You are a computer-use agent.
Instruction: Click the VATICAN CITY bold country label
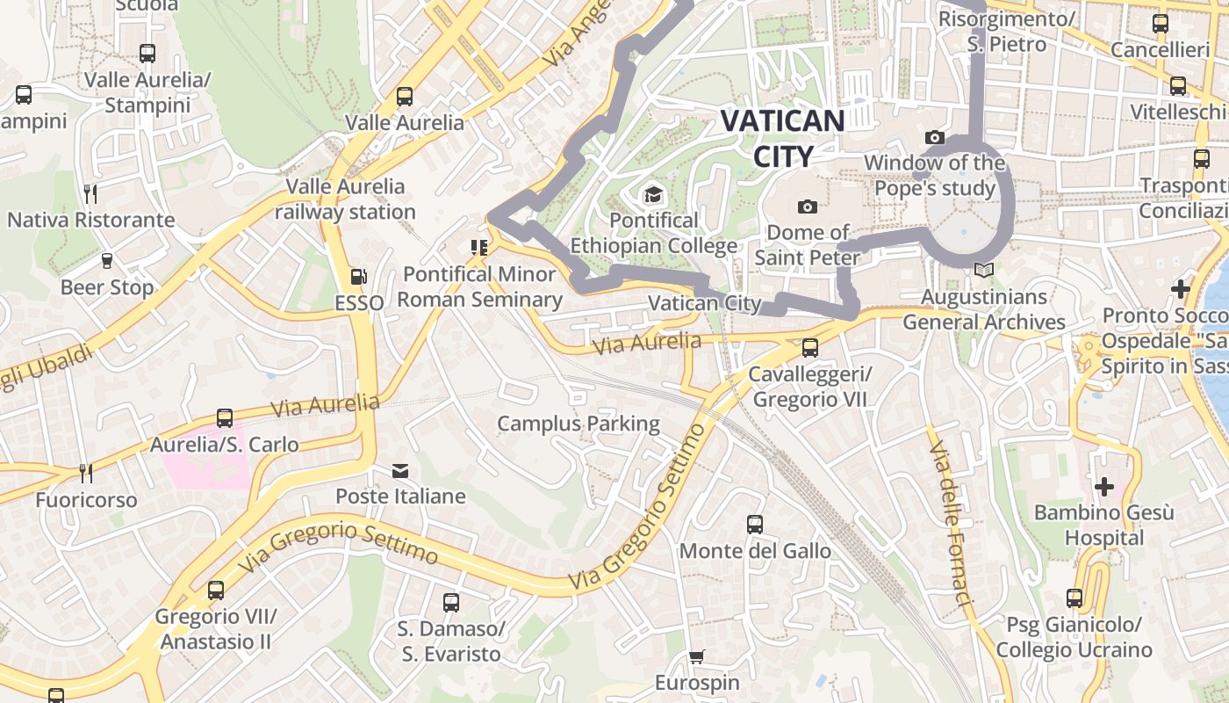pyautogui.click(x=782, y=138)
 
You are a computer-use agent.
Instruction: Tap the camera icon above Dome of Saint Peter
pyautogui.click(x=808, y=207)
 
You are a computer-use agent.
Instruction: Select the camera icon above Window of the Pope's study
pyautogui.click(x=935, y=137)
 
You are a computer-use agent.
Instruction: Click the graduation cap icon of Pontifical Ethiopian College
pyautogui.click(x=653, y=193)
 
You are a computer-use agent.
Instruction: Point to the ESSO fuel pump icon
pyautogui.click(x=358, y=277)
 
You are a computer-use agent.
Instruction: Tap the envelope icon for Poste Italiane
pyautogui.click(x=400, y=471)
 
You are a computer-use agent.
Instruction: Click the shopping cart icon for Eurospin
pyautogui.click(x=697, y=656)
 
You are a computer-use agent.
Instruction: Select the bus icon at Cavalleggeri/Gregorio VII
pyautogui.click(x=809, y=348)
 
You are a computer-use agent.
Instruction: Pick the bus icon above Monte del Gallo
pyautogui.click(x=754, y=525)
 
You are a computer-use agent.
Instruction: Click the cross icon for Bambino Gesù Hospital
pyautogui.click(x=1103, y=486)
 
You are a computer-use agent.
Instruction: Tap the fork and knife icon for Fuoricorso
pyautogui.click(x=86, y=474)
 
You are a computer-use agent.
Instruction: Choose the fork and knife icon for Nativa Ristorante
pyautogui.click(x=90, y=193)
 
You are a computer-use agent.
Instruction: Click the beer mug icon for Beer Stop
pyautogui.click(x=106, y=261)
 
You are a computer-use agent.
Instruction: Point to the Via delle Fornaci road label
pyautogui.click(x=951, y=524)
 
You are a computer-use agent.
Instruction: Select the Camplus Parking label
pyautogui.click(x=579, y=424)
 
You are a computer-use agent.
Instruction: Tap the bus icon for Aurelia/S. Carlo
pyautogui.click(x=225, y=418)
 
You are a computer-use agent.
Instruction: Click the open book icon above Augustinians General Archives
pyautogui.click(x=984, y=271)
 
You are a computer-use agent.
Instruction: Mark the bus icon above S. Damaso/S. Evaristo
pyautogui.click(x=450, y=603)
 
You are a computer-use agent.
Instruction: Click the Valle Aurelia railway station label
pyautogui.click(x=346, y=199)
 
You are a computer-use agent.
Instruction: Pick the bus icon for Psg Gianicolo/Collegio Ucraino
pyautogui.click(x=1074, y=598)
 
